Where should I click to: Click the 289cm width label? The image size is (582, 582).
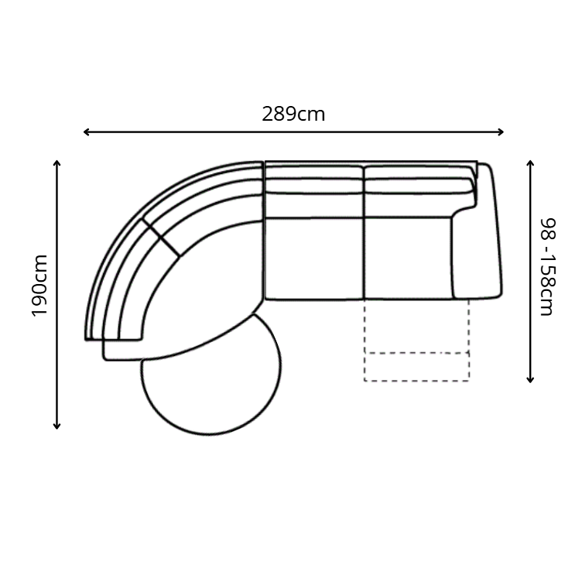click(293, 114)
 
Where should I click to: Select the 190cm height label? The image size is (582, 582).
click(39, 286)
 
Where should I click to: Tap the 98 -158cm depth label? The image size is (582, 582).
click(547, 267)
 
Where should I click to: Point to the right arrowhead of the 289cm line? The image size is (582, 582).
click(500, 132)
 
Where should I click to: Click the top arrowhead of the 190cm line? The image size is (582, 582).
click(56, 163)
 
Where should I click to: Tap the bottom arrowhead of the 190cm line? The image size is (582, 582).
click(56, 426)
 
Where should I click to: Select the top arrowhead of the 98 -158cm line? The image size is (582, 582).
click(530, 163)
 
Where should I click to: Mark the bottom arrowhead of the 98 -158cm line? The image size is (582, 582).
click(530, 380)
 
